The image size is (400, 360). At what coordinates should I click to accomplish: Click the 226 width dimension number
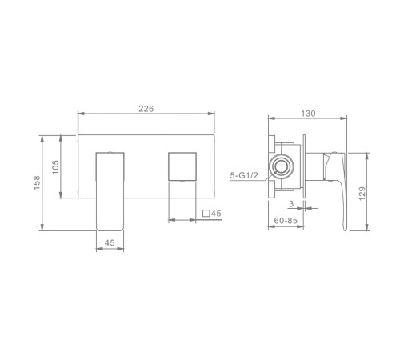[146, 109]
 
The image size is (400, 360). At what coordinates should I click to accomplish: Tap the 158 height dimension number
[37, 182]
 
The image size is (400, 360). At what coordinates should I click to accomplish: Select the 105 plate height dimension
[55, 167]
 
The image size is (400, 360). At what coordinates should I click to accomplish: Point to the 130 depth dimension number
[308, 114]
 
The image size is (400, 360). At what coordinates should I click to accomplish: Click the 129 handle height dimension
[362, 194]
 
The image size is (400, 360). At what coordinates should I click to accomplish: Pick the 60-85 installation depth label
[286, 221]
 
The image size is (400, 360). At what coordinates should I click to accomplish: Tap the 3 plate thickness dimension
[291, 204]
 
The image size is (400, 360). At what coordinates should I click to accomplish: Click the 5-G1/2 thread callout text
[244, 175]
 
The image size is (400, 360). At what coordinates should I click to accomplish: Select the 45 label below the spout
[110, 242]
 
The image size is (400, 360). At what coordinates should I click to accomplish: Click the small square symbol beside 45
[206, 214]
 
